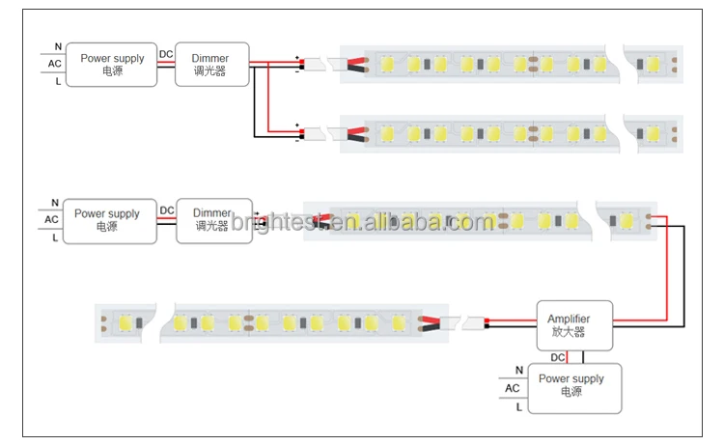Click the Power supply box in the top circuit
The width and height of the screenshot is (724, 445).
(112, 65)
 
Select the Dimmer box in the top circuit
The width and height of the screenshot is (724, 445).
(212, 65)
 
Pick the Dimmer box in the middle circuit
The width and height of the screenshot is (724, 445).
(212, 220)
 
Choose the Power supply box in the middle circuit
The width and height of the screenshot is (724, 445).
(107, 220)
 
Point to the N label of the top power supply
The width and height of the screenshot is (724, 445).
(58, 46)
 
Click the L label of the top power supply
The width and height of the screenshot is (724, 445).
(58, 82)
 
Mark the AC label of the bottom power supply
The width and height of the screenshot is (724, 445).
(512, 388)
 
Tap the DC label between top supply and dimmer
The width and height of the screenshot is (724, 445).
(166, 54)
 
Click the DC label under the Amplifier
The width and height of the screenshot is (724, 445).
(558, 358)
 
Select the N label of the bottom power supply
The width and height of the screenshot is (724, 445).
(519, 370)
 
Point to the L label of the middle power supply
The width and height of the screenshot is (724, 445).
(55, 236)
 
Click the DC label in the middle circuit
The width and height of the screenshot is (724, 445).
(167, 210)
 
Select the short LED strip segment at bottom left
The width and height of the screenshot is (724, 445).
(122, 321)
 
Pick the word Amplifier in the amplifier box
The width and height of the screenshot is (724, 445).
(569, 319)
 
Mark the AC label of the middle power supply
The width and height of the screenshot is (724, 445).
(52, 219)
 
